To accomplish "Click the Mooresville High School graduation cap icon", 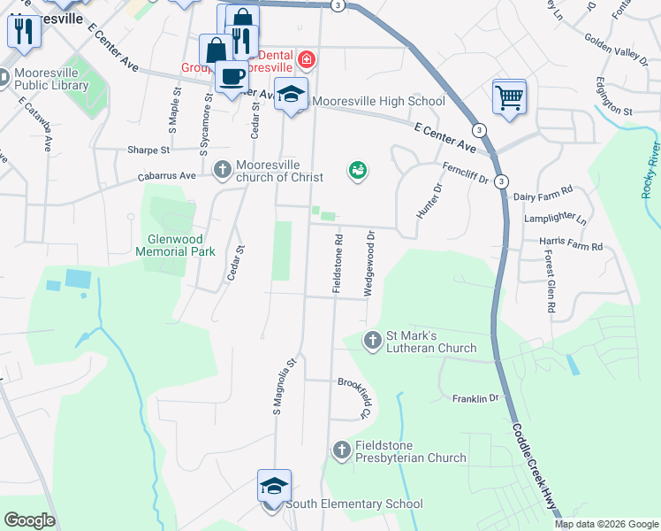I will [x=291, y=95].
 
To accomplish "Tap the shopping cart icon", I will [x=510, y=96].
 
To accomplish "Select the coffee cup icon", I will [x=232, y=75].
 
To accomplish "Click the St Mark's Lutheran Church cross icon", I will [x=373, y=340].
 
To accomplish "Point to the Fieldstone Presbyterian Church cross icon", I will [x=341, y=450].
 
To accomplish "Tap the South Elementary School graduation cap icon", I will [x=274, y=486].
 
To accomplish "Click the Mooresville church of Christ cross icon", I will [x=223, y=168].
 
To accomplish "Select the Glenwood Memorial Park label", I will [x=176, y=245].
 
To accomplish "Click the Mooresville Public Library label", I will [x=50, y=79].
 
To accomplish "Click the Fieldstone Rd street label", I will [x=338, y=264].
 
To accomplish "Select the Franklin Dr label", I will [x=476, y=399].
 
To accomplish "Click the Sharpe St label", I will [x=148, y=150].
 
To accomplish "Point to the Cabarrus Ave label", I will [x=166, y=176].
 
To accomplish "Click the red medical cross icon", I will [x=307, y=60].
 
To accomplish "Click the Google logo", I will [x=29, y=520].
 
